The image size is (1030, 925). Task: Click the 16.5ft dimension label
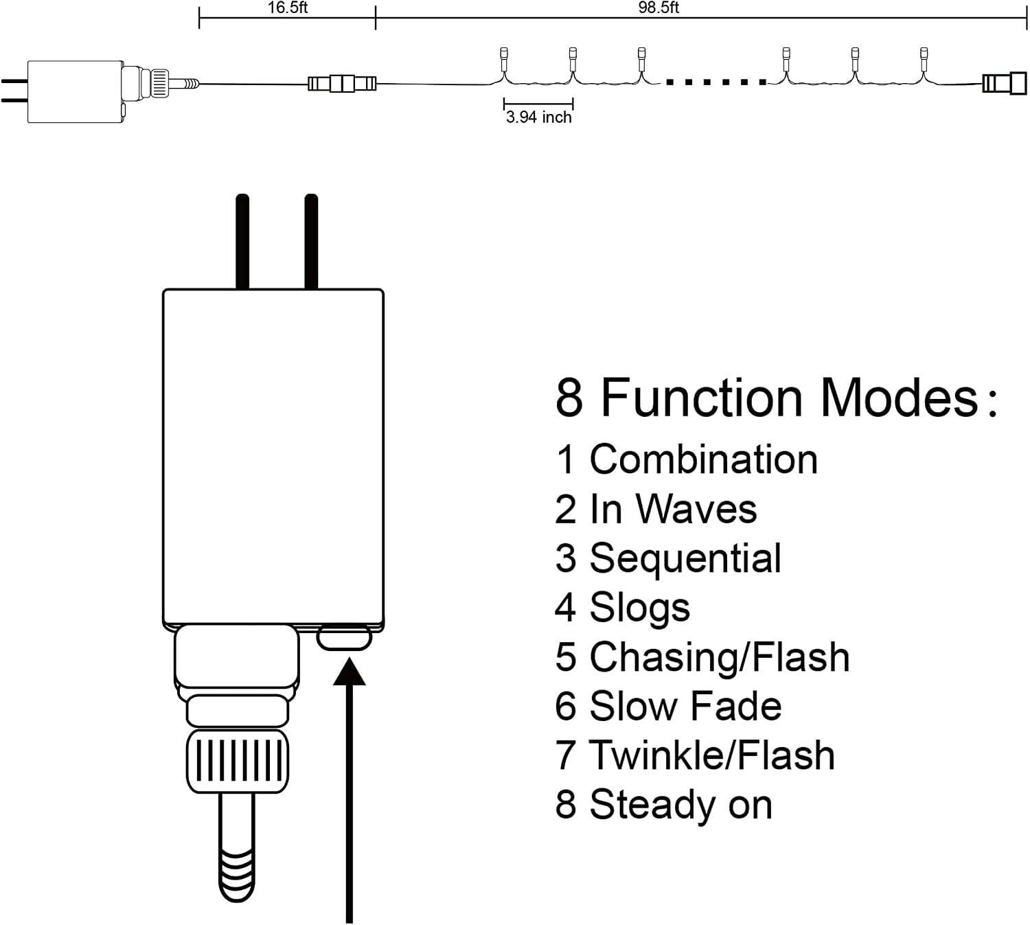click(x=287, y=8)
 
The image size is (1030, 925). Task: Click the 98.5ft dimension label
click(x=659, y=8)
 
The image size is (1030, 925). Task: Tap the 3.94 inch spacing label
click(x=538, y=117)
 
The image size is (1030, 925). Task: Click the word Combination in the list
click(x=704, y=459)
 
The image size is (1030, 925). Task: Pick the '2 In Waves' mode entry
click(x=656, y=509)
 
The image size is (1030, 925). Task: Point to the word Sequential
click(x=685, y=559)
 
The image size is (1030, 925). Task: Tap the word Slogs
click(x=639, y=608)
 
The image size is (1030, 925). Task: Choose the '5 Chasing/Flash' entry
click(x=702, y=657)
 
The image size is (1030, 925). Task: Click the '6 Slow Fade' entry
click(x=668, y=706)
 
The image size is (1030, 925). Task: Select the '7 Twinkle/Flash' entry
click(x=695, y=755)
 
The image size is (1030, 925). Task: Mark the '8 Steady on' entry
click(x=663, y=804)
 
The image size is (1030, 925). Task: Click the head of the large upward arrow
click(x=350, y=671)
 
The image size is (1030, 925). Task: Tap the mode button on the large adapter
click(x=344, y=638)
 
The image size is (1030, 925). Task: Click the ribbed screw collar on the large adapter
click(x=237, y=761)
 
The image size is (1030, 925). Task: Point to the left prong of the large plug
click(x=242, y=242)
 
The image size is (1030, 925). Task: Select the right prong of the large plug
click(x=311, y=242)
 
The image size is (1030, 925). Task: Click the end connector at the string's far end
click(x=1004, y=83)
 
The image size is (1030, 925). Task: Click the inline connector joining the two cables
click(x=342, y=83)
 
